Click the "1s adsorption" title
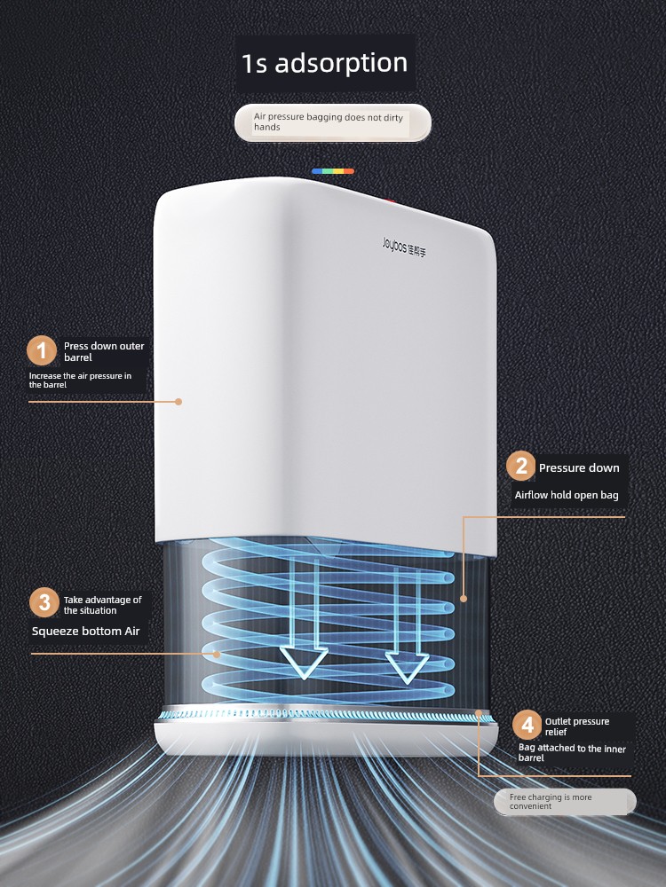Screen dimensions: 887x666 [324, 63]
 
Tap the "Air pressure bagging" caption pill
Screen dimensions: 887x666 [332, 122]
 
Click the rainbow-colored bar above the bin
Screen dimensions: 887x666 [333, 170]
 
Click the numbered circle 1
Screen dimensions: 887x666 [41, 350]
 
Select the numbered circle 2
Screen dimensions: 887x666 [520, 467]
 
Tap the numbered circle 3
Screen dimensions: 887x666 [43, 603]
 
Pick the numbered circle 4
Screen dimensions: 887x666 [527, 726]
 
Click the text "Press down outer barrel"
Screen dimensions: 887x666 [103, 351]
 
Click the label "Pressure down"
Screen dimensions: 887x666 [579, 468]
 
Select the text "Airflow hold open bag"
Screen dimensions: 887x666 [567, 495]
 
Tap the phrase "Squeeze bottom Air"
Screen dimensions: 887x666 [85, 632]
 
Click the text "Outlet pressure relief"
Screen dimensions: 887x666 [577, 726]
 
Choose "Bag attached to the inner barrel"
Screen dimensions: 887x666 [572, 753]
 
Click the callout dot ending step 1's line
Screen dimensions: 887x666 [178, 402]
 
